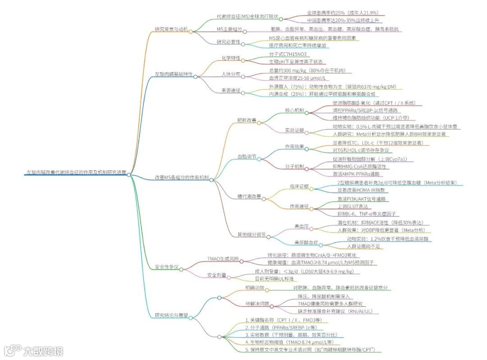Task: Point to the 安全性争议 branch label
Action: coord(166,267)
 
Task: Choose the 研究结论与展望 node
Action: coord(171,315)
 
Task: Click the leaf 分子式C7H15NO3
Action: coord(290,54)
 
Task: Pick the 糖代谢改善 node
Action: coord(249,196)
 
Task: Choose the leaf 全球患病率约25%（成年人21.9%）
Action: coord(343,13)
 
